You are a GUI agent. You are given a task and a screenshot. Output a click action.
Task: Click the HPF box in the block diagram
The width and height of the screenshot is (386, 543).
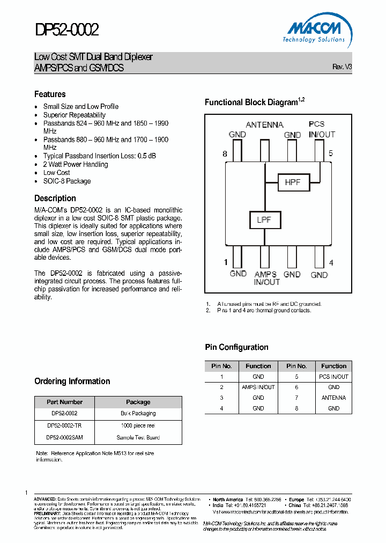click(293, 182)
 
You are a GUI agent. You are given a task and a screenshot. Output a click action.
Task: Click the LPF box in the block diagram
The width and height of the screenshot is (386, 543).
click(264, 219)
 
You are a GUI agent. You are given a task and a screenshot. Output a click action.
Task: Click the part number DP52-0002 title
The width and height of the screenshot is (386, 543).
click(67, 30)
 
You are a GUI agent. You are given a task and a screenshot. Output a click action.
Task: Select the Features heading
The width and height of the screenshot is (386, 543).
click(50, 94)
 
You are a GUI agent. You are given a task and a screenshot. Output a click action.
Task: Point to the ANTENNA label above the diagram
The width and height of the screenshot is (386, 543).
click(265, 125)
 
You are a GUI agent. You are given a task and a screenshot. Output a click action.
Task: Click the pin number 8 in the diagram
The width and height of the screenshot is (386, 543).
click(225, 154)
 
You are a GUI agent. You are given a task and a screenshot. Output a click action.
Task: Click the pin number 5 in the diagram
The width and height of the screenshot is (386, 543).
click(331, 153)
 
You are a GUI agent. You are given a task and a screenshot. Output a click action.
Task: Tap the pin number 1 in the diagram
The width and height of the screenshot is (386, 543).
click(226, 262)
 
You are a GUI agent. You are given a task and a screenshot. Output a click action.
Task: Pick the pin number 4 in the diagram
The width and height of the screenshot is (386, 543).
click(331, 262)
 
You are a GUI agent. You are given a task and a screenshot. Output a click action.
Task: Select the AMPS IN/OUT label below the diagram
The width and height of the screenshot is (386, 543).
click(266, 278)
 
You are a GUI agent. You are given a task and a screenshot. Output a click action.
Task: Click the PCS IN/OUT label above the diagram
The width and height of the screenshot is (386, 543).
click(322, 129)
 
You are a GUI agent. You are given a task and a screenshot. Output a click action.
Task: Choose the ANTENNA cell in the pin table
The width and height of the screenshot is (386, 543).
click(333, 398)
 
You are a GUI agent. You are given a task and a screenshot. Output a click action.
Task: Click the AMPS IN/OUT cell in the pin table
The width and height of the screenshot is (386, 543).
click(258, 387)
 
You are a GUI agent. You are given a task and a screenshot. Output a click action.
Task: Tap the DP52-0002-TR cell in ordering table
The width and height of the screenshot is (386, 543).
click(64, 425)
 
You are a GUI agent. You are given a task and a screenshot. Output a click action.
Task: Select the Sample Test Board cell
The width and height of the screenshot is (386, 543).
click(138, 437)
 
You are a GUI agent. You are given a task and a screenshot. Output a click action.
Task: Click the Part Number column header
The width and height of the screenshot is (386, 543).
click(64, 402)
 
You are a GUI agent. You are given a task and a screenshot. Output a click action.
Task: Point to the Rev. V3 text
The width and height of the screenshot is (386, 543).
click(342, 67)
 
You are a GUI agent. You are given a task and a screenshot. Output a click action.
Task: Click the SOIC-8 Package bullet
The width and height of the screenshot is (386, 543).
click(67, 181)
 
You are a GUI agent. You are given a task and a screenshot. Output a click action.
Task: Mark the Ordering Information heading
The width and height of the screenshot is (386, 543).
click(72, 381)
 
